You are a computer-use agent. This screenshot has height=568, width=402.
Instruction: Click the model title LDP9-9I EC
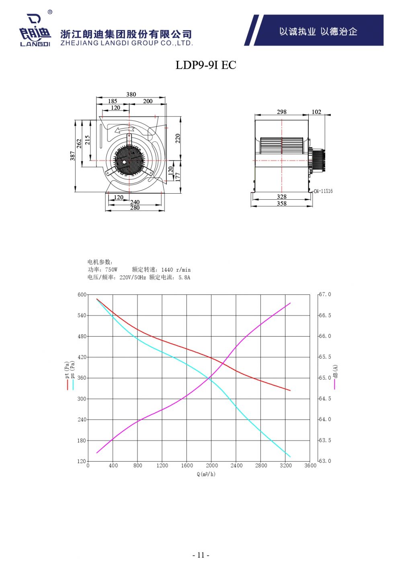206,65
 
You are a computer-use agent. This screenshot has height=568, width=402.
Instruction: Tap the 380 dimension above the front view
131,94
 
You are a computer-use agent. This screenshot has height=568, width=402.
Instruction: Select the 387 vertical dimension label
73,156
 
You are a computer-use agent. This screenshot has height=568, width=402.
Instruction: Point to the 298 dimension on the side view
281,112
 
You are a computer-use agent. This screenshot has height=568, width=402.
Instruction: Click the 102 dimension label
316,112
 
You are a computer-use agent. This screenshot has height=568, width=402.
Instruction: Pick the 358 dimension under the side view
282,203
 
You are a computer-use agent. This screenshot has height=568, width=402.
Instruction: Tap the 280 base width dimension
135,208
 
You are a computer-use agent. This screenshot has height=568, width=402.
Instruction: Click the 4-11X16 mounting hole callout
323,191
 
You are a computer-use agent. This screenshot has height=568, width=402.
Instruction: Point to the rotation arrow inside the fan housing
124,130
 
